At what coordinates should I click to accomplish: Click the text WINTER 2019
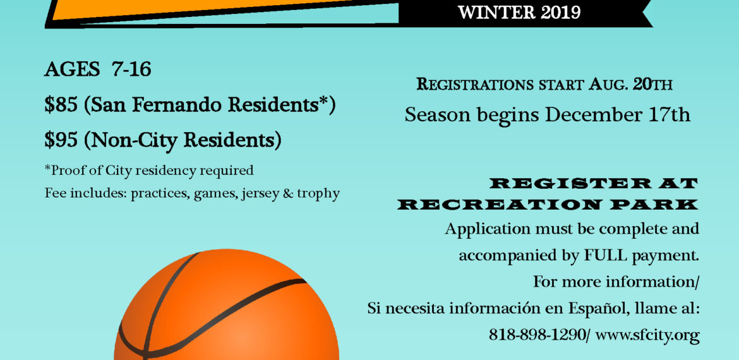tap(519, 12)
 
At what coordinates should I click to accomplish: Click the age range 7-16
tap(131, 69)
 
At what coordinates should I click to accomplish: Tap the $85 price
tap(61, 105)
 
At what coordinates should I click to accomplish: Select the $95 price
tap(61, 140)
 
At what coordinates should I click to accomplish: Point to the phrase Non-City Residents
tap(183, 140)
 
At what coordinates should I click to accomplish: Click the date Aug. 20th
tap(629, 85)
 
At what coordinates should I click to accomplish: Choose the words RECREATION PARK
tap(548, 205)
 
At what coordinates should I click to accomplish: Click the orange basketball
tap(227, 304)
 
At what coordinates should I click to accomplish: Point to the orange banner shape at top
tap(222, 9)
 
